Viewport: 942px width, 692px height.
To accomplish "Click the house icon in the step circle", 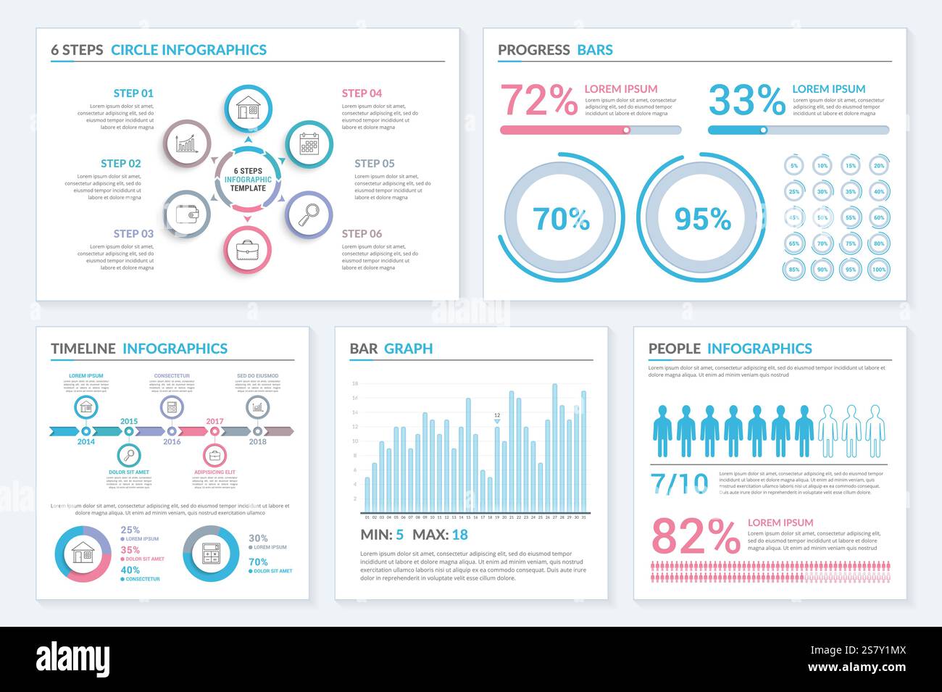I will click(x=248, y=109).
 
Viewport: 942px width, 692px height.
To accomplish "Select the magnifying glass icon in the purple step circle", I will click(x=309, y=214).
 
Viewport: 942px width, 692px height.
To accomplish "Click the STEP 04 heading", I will click(x=362, y=93).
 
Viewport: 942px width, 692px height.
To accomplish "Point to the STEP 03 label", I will click(x=133, y=233).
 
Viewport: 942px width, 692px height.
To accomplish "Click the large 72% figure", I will click(x=538, y=100).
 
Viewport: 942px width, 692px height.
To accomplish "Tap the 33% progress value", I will click(x=746, y=100).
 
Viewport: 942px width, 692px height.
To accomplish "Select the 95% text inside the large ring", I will click(x=702, y=218).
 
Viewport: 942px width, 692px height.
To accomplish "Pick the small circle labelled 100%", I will click(x=878, y=270).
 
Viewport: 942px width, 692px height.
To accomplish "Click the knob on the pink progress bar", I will click(x=627, y=130).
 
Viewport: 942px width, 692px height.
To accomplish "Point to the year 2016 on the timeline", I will click(x=172, y=441).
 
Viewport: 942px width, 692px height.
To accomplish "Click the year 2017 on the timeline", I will click(x=214, y=421).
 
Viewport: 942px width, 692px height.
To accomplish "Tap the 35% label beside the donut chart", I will click(x=130, y=550).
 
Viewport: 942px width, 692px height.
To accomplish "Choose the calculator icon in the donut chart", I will click(x=211, y=554).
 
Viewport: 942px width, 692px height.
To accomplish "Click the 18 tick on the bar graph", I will click(x=355, y=383).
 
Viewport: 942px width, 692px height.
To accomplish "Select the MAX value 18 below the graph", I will click(x=459, y=535).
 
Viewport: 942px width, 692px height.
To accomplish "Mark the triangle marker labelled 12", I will click(x=497, y=421).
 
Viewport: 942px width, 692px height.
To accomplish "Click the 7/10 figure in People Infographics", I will click(x=680, y=483).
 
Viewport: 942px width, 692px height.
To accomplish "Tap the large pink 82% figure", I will click(x=696, y=537).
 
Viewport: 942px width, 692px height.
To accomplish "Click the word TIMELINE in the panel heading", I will click(x=83, y=349).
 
